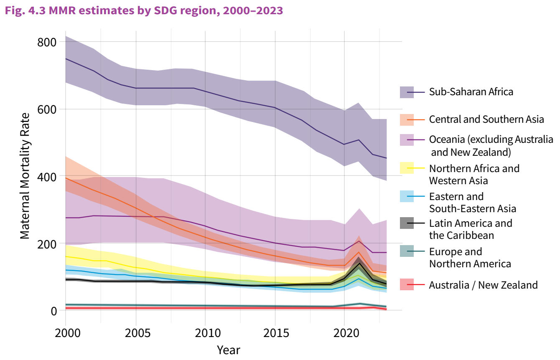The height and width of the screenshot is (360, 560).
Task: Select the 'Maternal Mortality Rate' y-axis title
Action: (x=25, y=175)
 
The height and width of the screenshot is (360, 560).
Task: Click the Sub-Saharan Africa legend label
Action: (x=471, y=92)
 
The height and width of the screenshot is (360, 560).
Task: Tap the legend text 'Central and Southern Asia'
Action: (x=486, y=119)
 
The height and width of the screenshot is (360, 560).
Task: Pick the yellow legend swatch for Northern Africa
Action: (x=407, y=168)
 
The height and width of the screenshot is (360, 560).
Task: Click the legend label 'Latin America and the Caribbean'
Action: (x=471, y=229)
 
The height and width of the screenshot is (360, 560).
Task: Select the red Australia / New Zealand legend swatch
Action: (x=407, y=285)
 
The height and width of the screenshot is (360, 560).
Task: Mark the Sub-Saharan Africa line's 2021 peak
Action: (x=359, y=140)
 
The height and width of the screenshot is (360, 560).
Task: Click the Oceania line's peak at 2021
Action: (x=359, y=241)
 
